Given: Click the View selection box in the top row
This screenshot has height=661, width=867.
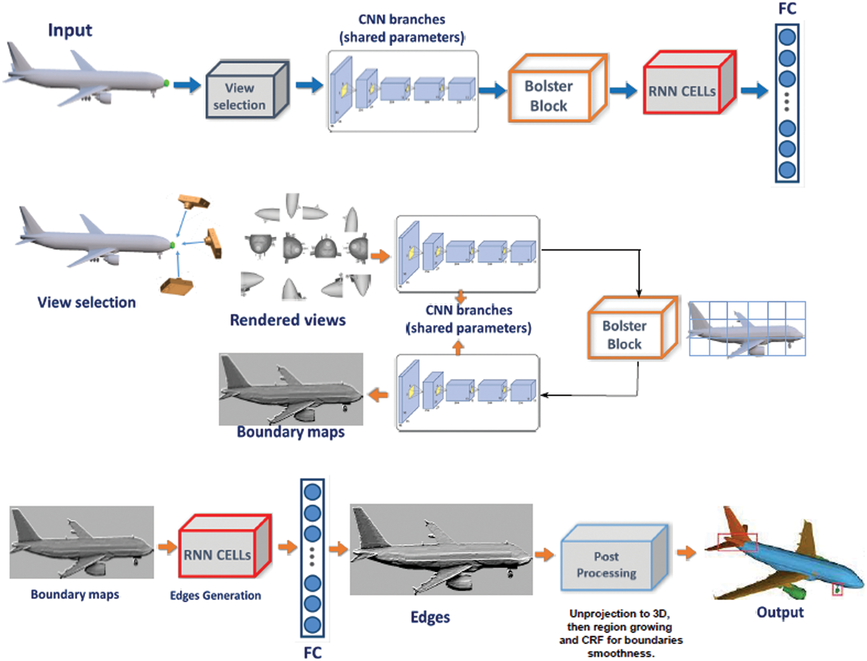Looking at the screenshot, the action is [247, 90].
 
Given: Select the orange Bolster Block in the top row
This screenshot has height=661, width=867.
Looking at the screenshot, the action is [558, 88].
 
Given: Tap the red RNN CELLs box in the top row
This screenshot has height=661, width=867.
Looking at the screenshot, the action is [690, 83].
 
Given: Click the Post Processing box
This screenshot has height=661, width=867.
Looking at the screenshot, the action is [614, 558].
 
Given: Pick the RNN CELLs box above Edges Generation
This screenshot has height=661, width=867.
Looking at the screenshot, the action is [225, 546].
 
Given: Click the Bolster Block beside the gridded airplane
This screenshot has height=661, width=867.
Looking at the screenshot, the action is [633, 328].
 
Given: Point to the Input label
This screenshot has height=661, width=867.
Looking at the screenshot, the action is [70, 30].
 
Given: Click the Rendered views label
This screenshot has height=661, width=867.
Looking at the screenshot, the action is [288, 320].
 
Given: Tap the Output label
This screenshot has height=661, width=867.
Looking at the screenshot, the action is [780, 612].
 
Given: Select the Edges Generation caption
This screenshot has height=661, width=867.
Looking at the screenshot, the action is [216, 595].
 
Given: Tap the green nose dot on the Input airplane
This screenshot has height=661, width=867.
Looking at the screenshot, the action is [166, 83].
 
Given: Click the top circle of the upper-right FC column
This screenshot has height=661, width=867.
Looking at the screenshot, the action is [787, 37].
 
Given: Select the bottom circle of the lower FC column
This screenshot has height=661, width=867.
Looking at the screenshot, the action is [313, 625].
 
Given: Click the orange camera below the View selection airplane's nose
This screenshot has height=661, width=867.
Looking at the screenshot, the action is [177, 286].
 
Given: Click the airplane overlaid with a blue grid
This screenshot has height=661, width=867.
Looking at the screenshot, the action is [747, 329].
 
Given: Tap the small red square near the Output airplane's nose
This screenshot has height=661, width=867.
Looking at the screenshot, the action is [837, 590].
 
